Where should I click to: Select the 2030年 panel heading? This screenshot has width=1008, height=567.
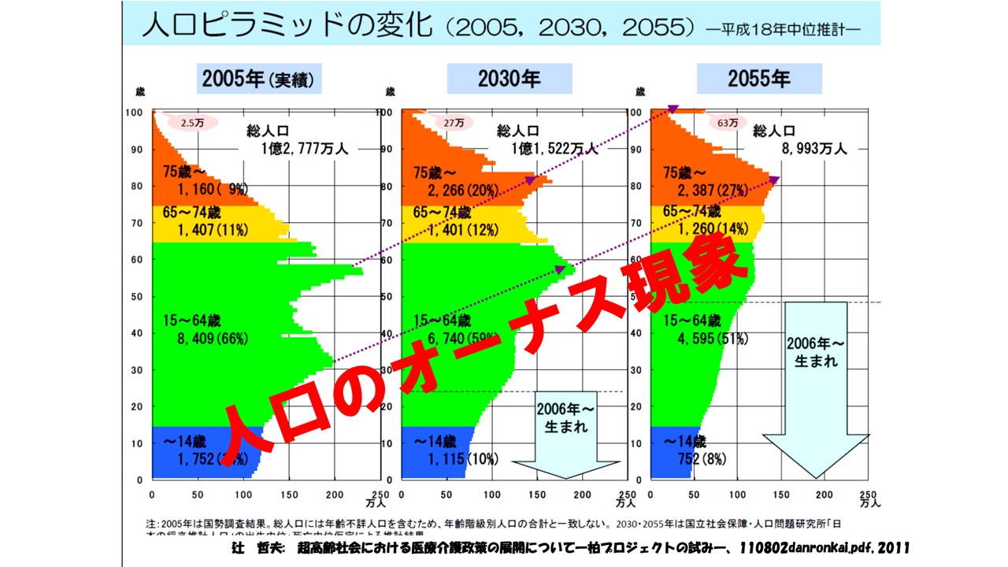(509, 79)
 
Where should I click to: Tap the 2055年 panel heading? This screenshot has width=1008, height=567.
(758, 79)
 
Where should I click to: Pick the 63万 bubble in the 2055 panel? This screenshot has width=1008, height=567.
(728, 123)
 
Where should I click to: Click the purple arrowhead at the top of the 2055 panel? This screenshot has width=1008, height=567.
(674, 109)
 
